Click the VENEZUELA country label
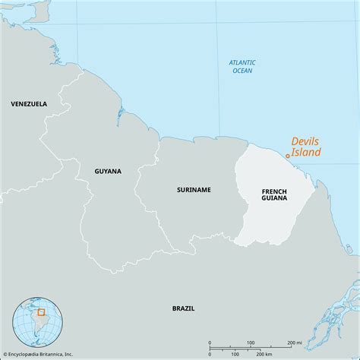(29, 103)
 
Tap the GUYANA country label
(108, 172)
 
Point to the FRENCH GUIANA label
(274, 194)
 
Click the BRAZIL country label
(183, 308)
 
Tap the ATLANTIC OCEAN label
(243, 66)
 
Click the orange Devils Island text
(307, 147)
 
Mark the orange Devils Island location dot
(287, 156)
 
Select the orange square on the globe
(42, 311)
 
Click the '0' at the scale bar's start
(210, 343)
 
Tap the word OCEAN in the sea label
(243, 71)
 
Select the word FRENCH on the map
(274, 191)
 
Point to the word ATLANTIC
(243, 62)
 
